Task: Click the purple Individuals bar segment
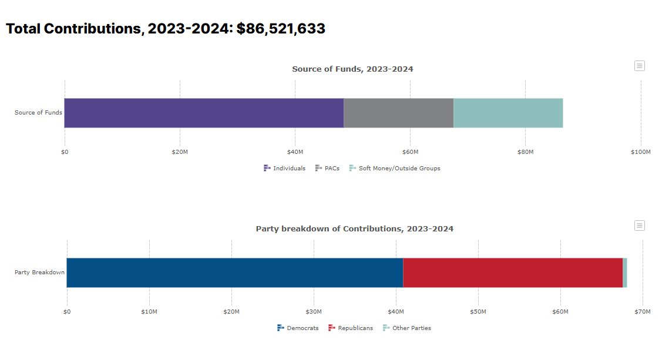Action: [204, 113]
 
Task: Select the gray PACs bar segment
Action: [398, 113]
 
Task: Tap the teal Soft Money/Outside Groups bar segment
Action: [508, 113]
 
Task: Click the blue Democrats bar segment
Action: [235, 272]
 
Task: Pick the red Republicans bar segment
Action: [513, 272]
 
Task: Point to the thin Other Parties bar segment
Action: [625, 272]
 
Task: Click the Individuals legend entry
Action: [285, 168]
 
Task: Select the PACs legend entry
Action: [328, 168]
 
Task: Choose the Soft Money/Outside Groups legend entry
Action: [395, 168]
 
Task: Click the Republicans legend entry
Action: [351, 328]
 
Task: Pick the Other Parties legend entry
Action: [407, 328]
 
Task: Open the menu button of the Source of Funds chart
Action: [640, 66]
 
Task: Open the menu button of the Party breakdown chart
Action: [640, 226]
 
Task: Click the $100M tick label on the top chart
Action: [640, 152]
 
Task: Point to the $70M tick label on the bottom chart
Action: [643, 311]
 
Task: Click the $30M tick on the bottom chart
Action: [314, 311]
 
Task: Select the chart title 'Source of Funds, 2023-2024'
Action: [352, 69]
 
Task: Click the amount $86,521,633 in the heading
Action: [281, 29]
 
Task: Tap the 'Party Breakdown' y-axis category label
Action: [39, 272]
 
